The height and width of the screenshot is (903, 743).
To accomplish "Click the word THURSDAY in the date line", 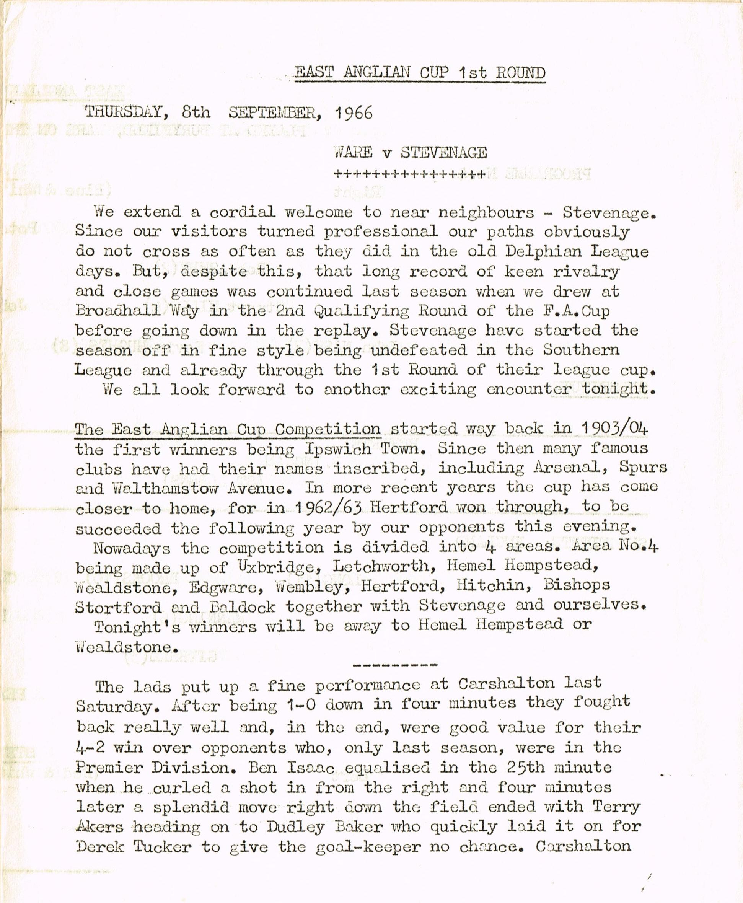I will pos(124,112).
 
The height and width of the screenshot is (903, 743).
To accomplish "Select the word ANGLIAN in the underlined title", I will pos(376,73).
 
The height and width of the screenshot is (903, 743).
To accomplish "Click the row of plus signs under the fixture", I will pos(410,174).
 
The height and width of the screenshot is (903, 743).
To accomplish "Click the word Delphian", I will pos(544,251).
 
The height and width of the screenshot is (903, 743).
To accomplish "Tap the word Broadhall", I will pos(118,311).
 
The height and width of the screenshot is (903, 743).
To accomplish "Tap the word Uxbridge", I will pos(274,567).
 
